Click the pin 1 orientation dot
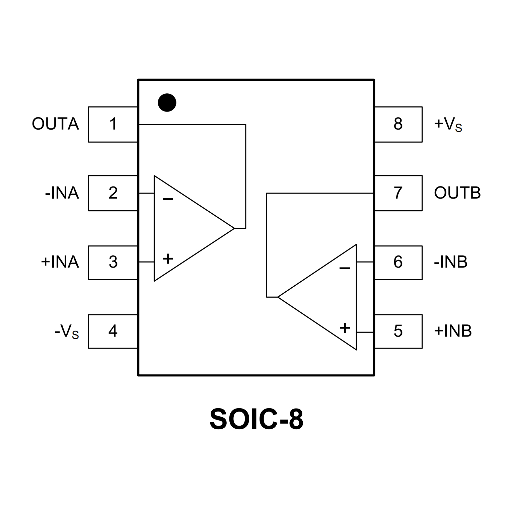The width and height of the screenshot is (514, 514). pyautogui.click(x=167, y=102)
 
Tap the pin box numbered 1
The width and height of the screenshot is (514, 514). pyautogui.click(x=113, y=124)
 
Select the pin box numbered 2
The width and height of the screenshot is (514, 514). pyautogui.click(x=113, y=193)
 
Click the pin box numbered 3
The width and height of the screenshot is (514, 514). pyautogui.click(x=113, y=263)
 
